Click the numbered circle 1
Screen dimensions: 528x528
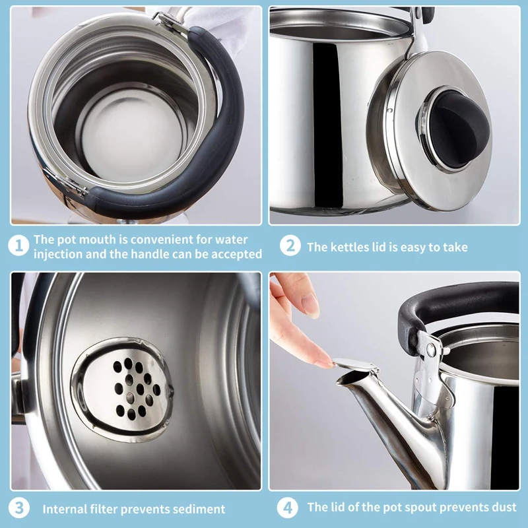pyautogui.click(x=18, y=246)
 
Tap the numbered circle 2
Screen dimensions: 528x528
pyautogui.click(x=290, y=246)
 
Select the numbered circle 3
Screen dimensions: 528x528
pyautogui.click(x=18, y=508)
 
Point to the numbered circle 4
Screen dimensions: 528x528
pyautogui.click(x=288, y=508)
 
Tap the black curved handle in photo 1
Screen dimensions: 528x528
pyautogui.click(x=209, y=135)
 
